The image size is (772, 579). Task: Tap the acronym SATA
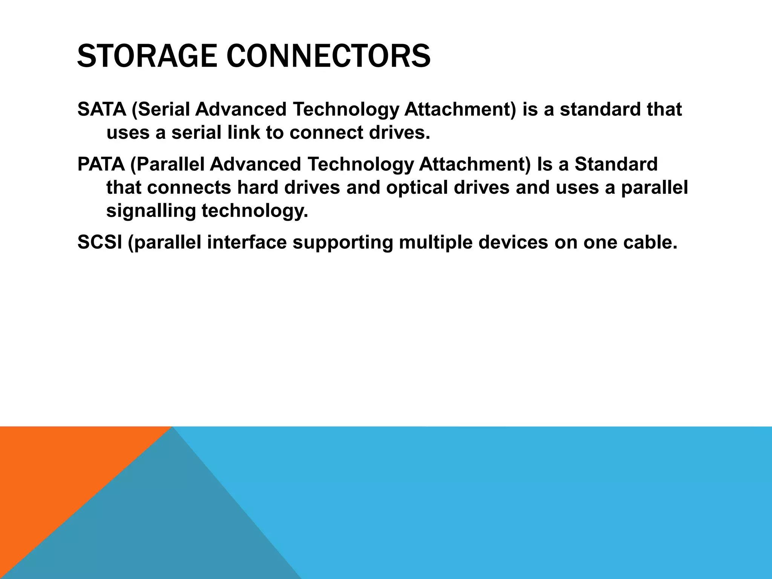(x=101, y=109)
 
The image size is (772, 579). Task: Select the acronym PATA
(x=101, y=164)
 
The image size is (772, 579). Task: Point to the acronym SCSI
(x=100, y=242)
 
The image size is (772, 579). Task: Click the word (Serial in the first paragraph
(x=161, y=109)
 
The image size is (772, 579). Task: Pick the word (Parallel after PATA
(x=167, y=164)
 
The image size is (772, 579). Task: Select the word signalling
(x=151, y=211)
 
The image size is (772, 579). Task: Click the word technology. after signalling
(x=255, y=211)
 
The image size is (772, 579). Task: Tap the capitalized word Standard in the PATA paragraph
(x=616, y=164)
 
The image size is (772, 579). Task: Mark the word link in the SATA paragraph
(x=243, y=133)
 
